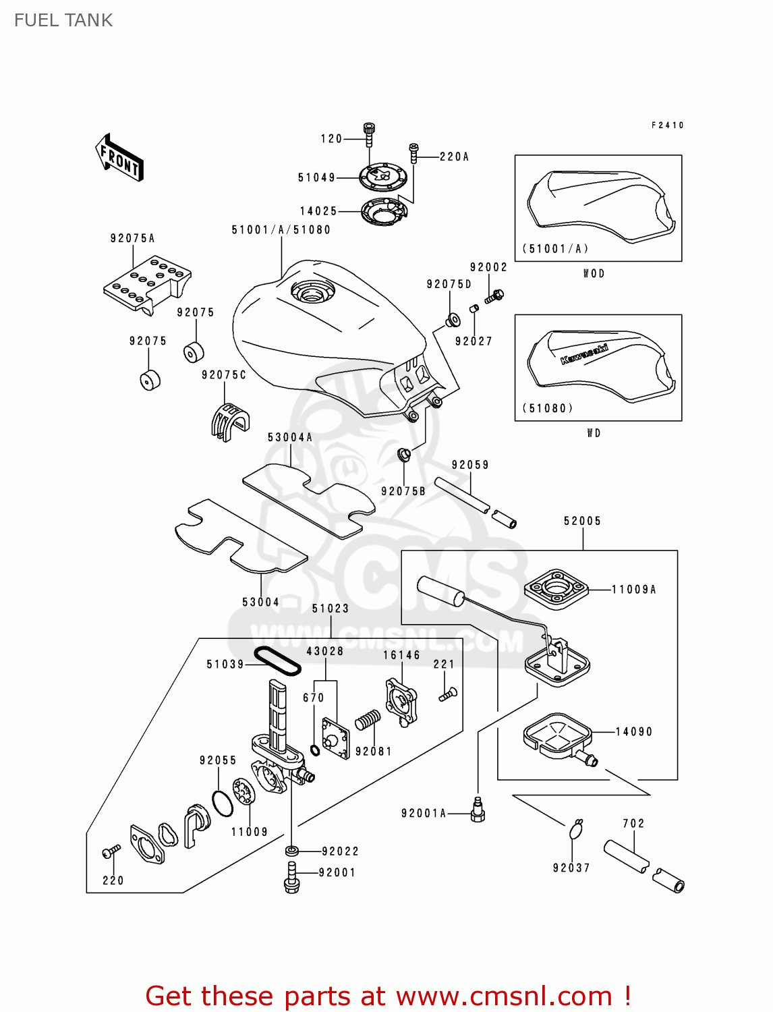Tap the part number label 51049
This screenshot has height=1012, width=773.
click(x=316, y=177)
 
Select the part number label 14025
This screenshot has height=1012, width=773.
click(x=318, y=211)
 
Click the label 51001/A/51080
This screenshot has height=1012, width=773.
click(x=281, y=230)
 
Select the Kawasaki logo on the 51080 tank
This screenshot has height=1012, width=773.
click(x=584, y=354)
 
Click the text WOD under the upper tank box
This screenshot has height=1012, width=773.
click(x=594, y=273)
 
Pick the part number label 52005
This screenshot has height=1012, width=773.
click(x=582, y=521)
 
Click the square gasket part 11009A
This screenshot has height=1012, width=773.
click(x=556, y=589)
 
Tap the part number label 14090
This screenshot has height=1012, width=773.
click(x=634, y=731)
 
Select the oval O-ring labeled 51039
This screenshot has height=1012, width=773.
click(x=277, y=661)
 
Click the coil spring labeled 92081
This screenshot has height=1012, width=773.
click(x=368, y=721)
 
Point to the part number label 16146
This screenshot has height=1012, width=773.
click(x=401, y=655)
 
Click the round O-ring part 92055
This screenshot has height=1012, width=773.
click(x=223, y=802)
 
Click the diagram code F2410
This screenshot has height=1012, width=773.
click(x=667, y=125)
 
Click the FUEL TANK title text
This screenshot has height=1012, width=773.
click(x=63, y=20)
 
